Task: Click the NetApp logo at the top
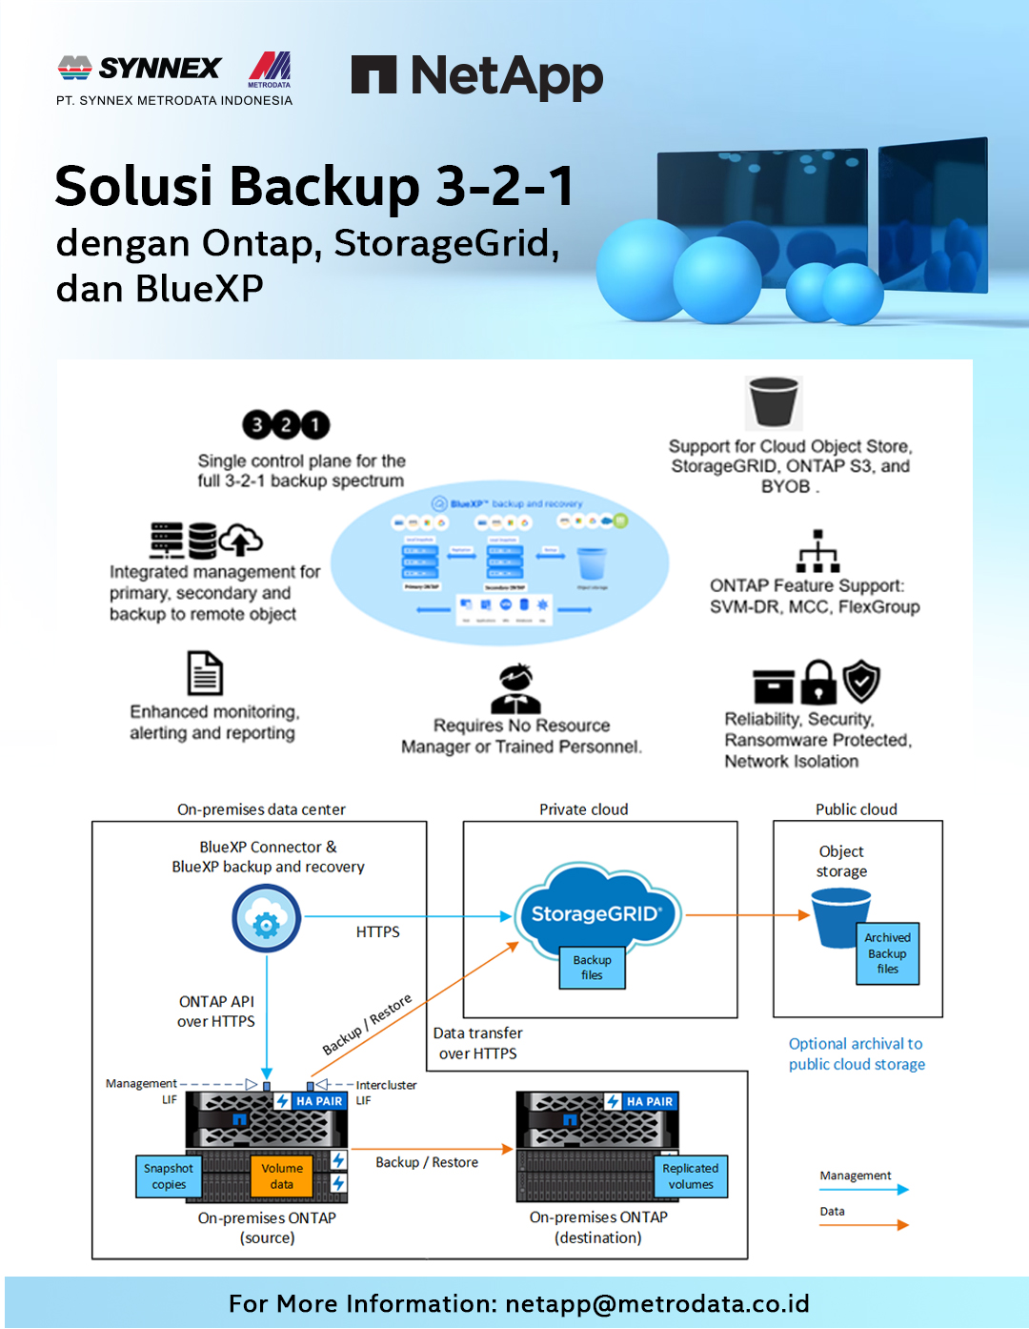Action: (476, 76)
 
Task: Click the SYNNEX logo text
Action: (159, 69)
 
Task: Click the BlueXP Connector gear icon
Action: (267, 919)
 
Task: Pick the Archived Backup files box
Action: (887, 953)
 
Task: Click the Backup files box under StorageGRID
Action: (592, 968)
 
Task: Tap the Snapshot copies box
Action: (169, 1176)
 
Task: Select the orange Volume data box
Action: (282, 1176)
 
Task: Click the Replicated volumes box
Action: (691, 1176)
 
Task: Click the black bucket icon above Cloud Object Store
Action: (774, 401)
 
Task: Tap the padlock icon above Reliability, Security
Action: (818, 683)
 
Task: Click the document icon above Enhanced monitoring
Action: (205, 674)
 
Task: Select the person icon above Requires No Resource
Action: (515, 688)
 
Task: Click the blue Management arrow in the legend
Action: (863, 1190)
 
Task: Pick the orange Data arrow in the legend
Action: (863, 1225)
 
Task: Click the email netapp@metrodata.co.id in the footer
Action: (656, 1303)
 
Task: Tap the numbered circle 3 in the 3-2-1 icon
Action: (257, 424)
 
